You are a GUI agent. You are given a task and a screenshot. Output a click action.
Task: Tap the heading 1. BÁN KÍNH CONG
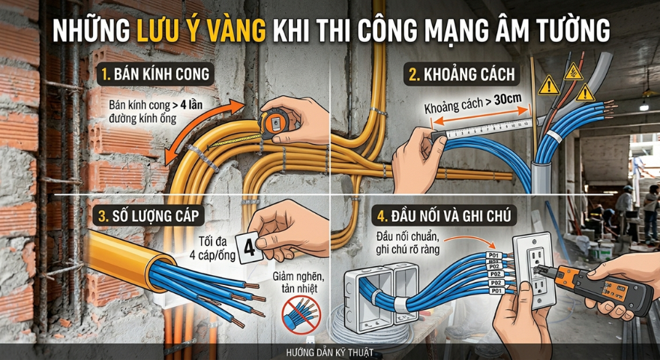pos(156,74)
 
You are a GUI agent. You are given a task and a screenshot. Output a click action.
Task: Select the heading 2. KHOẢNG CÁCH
pos(462,74)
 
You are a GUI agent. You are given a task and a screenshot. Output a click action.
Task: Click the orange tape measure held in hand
pos(274,122)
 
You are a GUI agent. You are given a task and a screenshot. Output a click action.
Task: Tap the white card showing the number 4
pos(250,248)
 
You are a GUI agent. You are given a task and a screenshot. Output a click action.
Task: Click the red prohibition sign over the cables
pos(301,314)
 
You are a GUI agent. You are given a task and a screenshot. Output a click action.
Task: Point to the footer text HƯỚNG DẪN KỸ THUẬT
pos(329,352)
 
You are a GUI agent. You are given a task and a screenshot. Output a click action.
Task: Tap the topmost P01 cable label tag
pos(493,256)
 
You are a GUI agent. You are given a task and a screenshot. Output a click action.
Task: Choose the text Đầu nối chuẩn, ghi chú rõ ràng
pos(408,243)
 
